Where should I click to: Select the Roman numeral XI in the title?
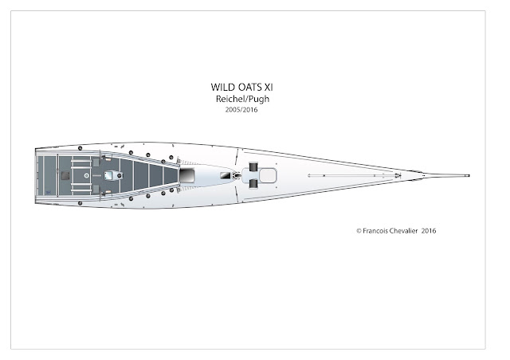(x=269, y=87)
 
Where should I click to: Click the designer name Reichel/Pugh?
(x=242, y=99)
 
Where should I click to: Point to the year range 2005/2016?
(x=241, y=110)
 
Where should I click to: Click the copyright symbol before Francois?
(x=359, y=231)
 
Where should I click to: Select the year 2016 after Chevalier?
(x=429, y=230)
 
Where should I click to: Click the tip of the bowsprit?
(x=469, y=175)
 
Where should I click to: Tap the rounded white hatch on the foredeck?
(x=268, y=175)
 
